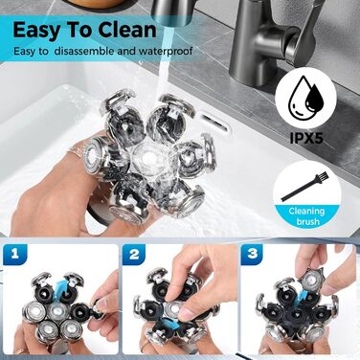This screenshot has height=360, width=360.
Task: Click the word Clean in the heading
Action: [x=127, y=30]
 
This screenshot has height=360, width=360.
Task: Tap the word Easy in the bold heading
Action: [x=35, y=32]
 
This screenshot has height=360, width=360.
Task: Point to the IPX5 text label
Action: [x=306, y=139]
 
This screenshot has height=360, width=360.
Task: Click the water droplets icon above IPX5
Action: [x=305, y=97]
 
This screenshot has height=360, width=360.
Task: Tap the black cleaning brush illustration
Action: [x=304, y=187]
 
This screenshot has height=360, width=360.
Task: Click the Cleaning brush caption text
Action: [x=306, y=215]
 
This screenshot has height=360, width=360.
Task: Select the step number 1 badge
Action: [x=15, y=254]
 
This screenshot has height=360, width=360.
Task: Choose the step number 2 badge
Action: [x=134, y=254]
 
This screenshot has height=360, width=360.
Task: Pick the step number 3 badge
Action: [x=252, y=254]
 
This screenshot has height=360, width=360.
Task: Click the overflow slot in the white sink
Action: [x=214, y=124]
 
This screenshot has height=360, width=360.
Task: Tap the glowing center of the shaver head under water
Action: [x=147, y=158]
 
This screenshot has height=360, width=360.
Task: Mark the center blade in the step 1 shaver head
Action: [x=57, y=310]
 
